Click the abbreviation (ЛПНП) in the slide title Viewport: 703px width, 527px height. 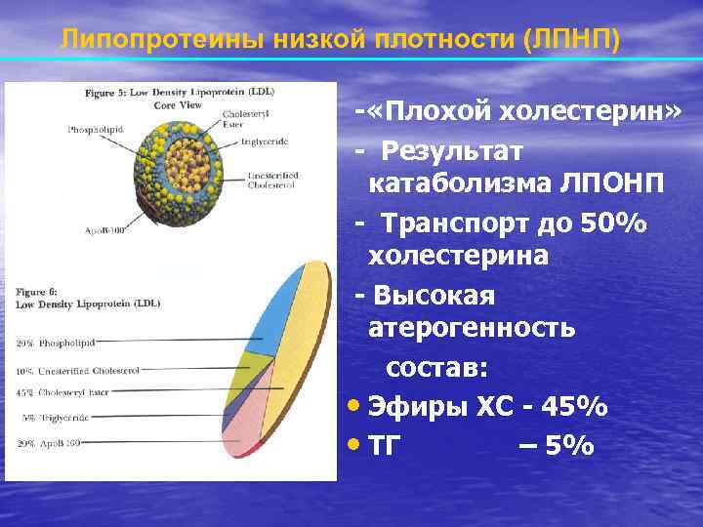[571, 40]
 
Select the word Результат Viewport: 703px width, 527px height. [452, 152]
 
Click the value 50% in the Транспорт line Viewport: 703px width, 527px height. [614, 223]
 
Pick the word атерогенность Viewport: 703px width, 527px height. [472, 327]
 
